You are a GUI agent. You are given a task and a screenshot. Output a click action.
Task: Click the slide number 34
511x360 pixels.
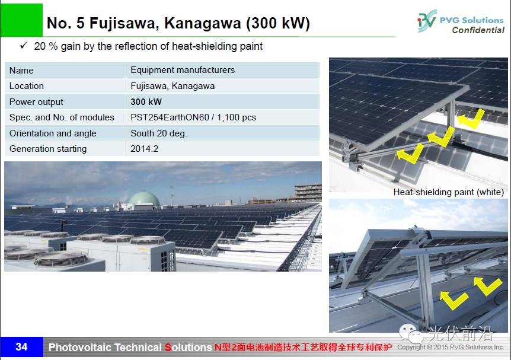click(21, 346)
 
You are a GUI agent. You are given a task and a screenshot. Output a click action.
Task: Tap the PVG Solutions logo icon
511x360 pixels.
click(427, 21)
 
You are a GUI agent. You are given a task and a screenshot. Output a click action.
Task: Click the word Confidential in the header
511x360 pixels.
click(478, 30)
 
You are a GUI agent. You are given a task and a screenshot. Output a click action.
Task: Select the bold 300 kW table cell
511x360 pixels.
click(146, 102)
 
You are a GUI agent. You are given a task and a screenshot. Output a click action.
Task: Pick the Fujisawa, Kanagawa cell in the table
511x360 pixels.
click(173, 86)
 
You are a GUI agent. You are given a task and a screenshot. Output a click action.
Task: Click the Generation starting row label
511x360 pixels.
click(48, 149)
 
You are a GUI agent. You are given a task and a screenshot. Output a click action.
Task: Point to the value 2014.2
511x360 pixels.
click(145, 149)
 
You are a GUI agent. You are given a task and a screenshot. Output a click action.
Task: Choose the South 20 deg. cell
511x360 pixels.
click(159, 133)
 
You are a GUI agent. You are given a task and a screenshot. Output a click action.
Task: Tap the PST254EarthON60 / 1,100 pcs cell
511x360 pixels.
click(193, 117)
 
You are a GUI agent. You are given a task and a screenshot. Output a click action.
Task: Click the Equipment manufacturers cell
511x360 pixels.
click(183, 70)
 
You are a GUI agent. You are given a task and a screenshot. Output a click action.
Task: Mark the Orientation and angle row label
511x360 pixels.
click(53, 133)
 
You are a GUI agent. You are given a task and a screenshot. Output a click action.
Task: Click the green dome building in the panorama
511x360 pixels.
click(145, 199)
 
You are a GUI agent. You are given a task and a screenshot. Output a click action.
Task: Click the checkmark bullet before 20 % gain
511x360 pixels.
click(24, 45)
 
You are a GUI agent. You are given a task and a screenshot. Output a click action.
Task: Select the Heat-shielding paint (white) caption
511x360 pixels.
click(448, 192)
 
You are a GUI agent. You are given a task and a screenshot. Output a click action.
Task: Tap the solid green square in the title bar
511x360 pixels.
click(21, 20)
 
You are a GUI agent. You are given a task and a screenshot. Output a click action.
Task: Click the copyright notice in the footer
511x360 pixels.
click(451, 347)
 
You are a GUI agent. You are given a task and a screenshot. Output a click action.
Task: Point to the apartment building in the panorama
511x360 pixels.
click(308, 193)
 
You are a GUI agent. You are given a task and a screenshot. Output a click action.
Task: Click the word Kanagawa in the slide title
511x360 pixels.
click(202, 24)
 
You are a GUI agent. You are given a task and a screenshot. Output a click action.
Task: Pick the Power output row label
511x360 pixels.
click(36, 102)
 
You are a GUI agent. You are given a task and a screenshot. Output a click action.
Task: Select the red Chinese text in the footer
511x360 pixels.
click(303, 347)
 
